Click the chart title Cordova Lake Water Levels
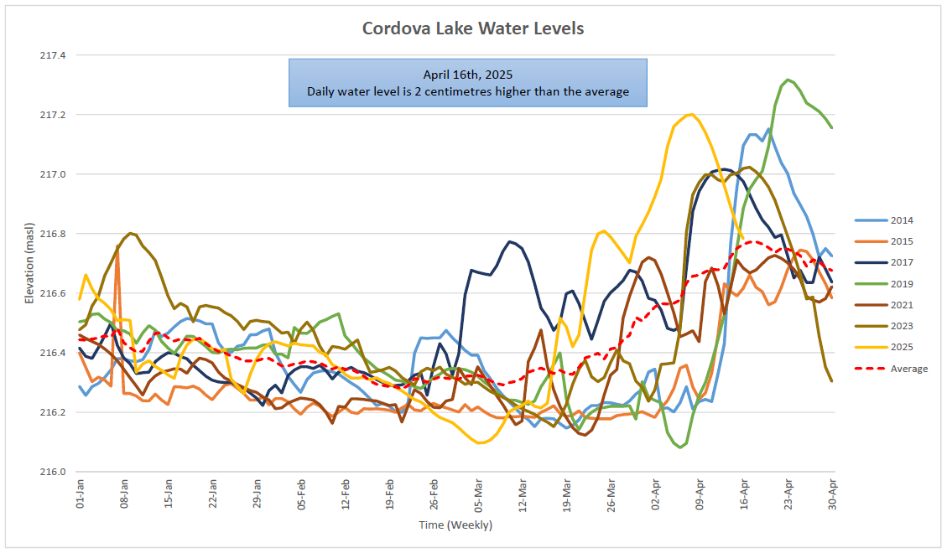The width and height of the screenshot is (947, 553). point(472,28)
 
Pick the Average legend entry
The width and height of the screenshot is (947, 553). point(909,369)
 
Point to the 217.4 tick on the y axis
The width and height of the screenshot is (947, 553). point(53,55)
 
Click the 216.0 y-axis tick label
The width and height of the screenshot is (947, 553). point(53,472)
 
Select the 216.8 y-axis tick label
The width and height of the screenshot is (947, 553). point(53,234)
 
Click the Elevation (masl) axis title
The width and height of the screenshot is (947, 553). point(29,263)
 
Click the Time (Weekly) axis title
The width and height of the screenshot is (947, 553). point(455,525)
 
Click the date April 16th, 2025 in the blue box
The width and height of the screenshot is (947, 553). point(467,75)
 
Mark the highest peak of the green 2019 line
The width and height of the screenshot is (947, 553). point(787,80)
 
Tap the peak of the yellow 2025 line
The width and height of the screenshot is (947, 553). point(689,114)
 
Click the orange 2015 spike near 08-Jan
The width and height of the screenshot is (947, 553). point(117,246)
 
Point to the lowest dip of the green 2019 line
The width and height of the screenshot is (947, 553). point(680,447)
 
